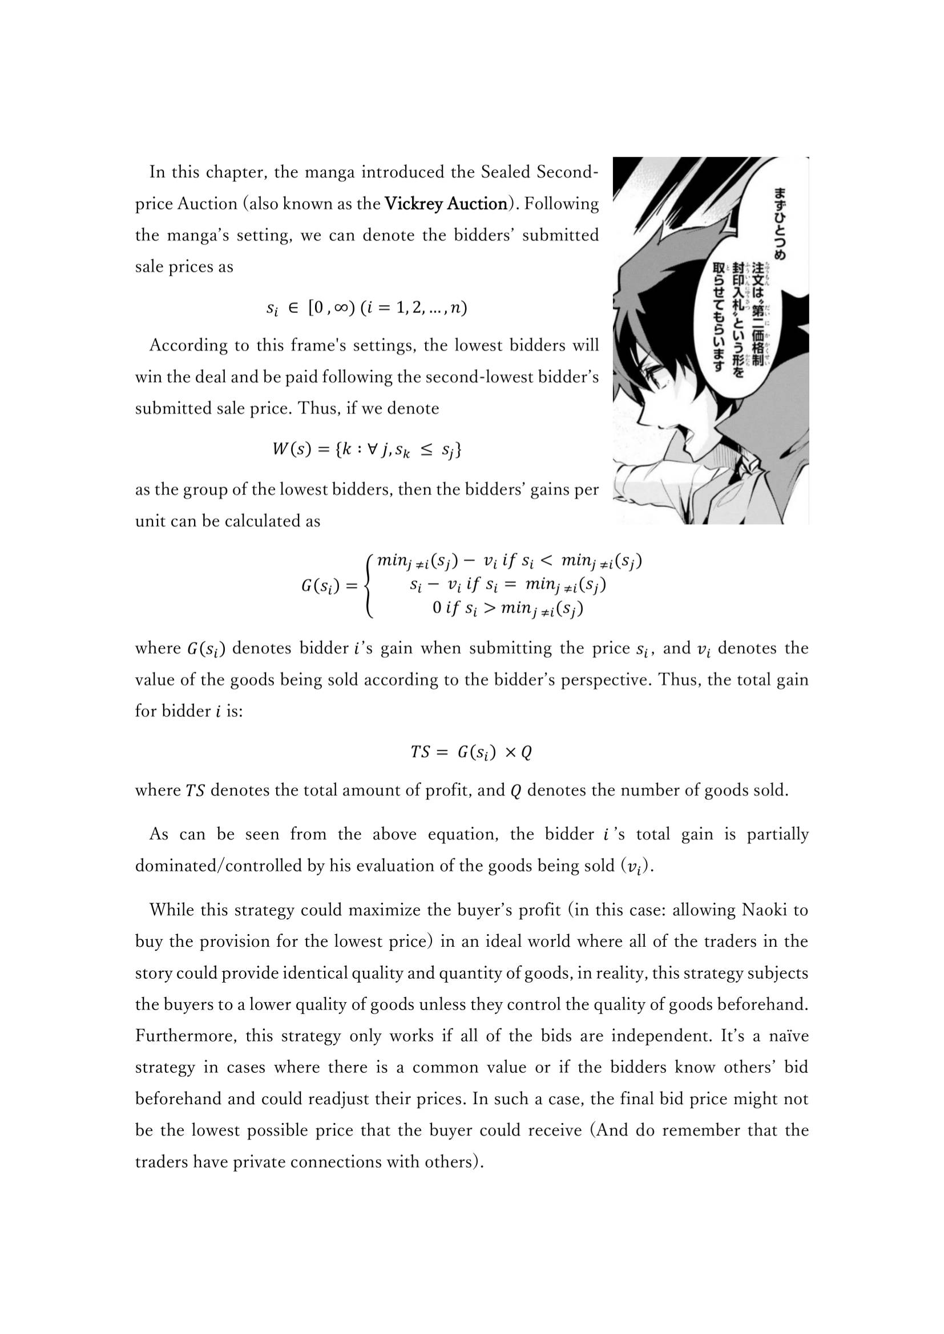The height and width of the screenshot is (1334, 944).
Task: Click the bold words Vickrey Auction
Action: (446, 204)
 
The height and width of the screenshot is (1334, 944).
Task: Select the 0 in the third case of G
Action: (437, 609)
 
